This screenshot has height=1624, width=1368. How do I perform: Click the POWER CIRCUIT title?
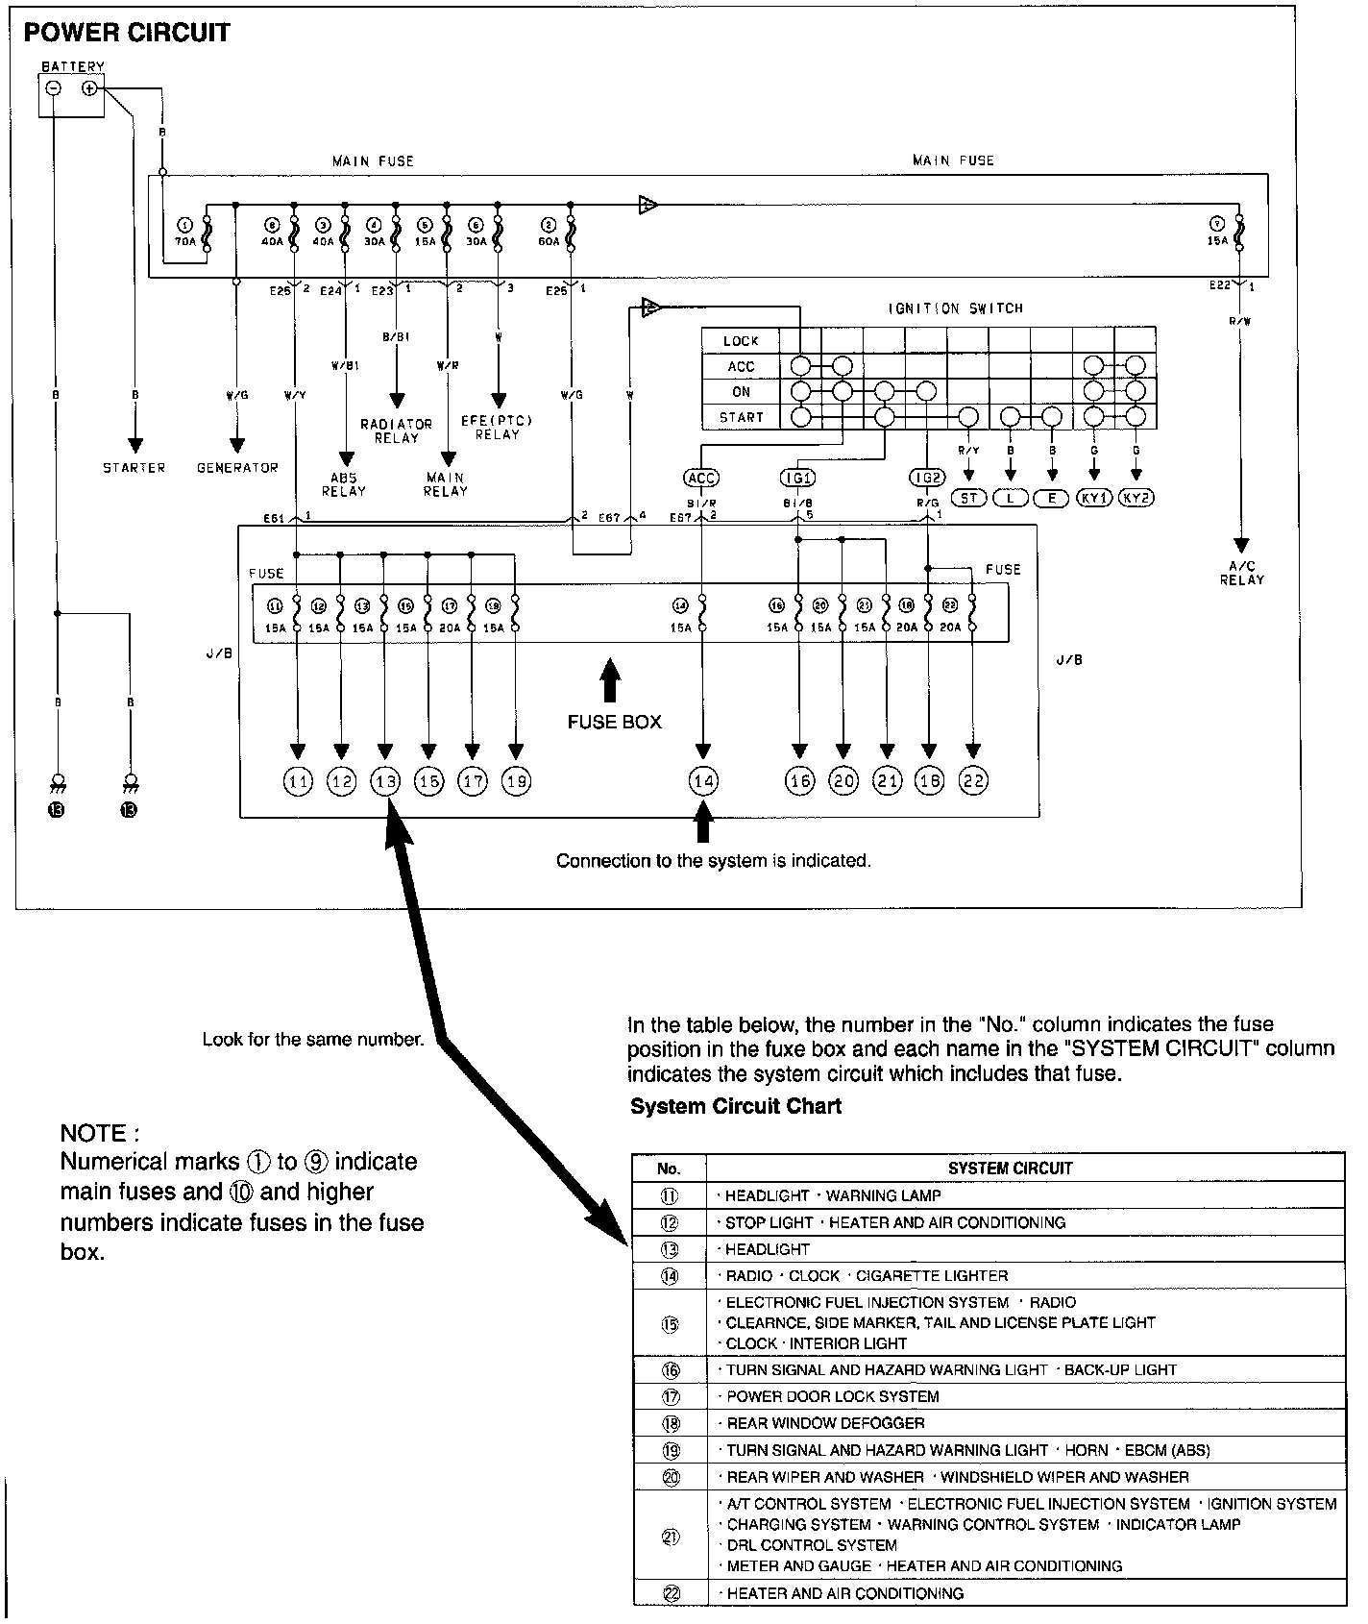[x=127, y=34]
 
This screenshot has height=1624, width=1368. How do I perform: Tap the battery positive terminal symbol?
[x=89, y=88]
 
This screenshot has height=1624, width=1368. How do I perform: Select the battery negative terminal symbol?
[x=54, y=88]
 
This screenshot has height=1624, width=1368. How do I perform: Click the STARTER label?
[x=134, y=468]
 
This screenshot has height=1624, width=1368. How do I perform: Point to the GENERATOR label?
[x=237, y=468]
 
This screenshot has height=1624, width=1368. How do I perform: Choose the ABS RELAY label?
[x=344, y=483]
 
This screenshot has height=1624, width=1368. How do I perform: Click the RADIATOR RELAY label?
[x=396, y=431]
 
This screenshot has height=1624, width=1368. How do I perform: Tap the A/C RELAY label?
[x=1242, y=573]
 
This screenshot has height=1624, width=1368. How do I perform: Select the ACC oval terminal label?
[x=701, y=478]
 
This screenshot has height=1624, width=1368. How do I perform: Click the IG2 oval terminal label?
[x=927, y=478]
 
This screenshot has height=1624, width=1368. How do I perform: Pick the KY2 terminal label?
[x=1137, y=498]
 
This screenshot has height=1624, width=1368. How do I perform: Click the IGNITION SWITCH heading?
[x=955, y=308]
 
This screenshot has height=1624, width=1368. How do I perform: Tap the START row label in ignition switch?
[x=740, y=418]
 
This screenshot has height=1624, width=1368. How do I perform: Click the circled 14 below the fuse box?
[x=703, y=782]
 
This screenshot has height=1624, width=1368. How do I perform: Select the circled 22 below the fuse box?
[x=973, y=782]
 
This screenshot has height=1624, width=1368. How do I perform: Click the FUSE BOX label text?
[x=614, y=722]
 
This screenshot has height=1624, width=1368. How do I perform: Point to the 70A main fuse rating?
[x=184, y=243]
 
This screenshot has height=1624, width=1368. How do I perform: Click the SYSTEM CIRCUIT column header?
[x=1010, y=1169]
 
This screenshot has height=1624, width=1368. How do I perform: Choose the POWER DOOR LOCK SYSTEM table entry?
[x=832, y=1396]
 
